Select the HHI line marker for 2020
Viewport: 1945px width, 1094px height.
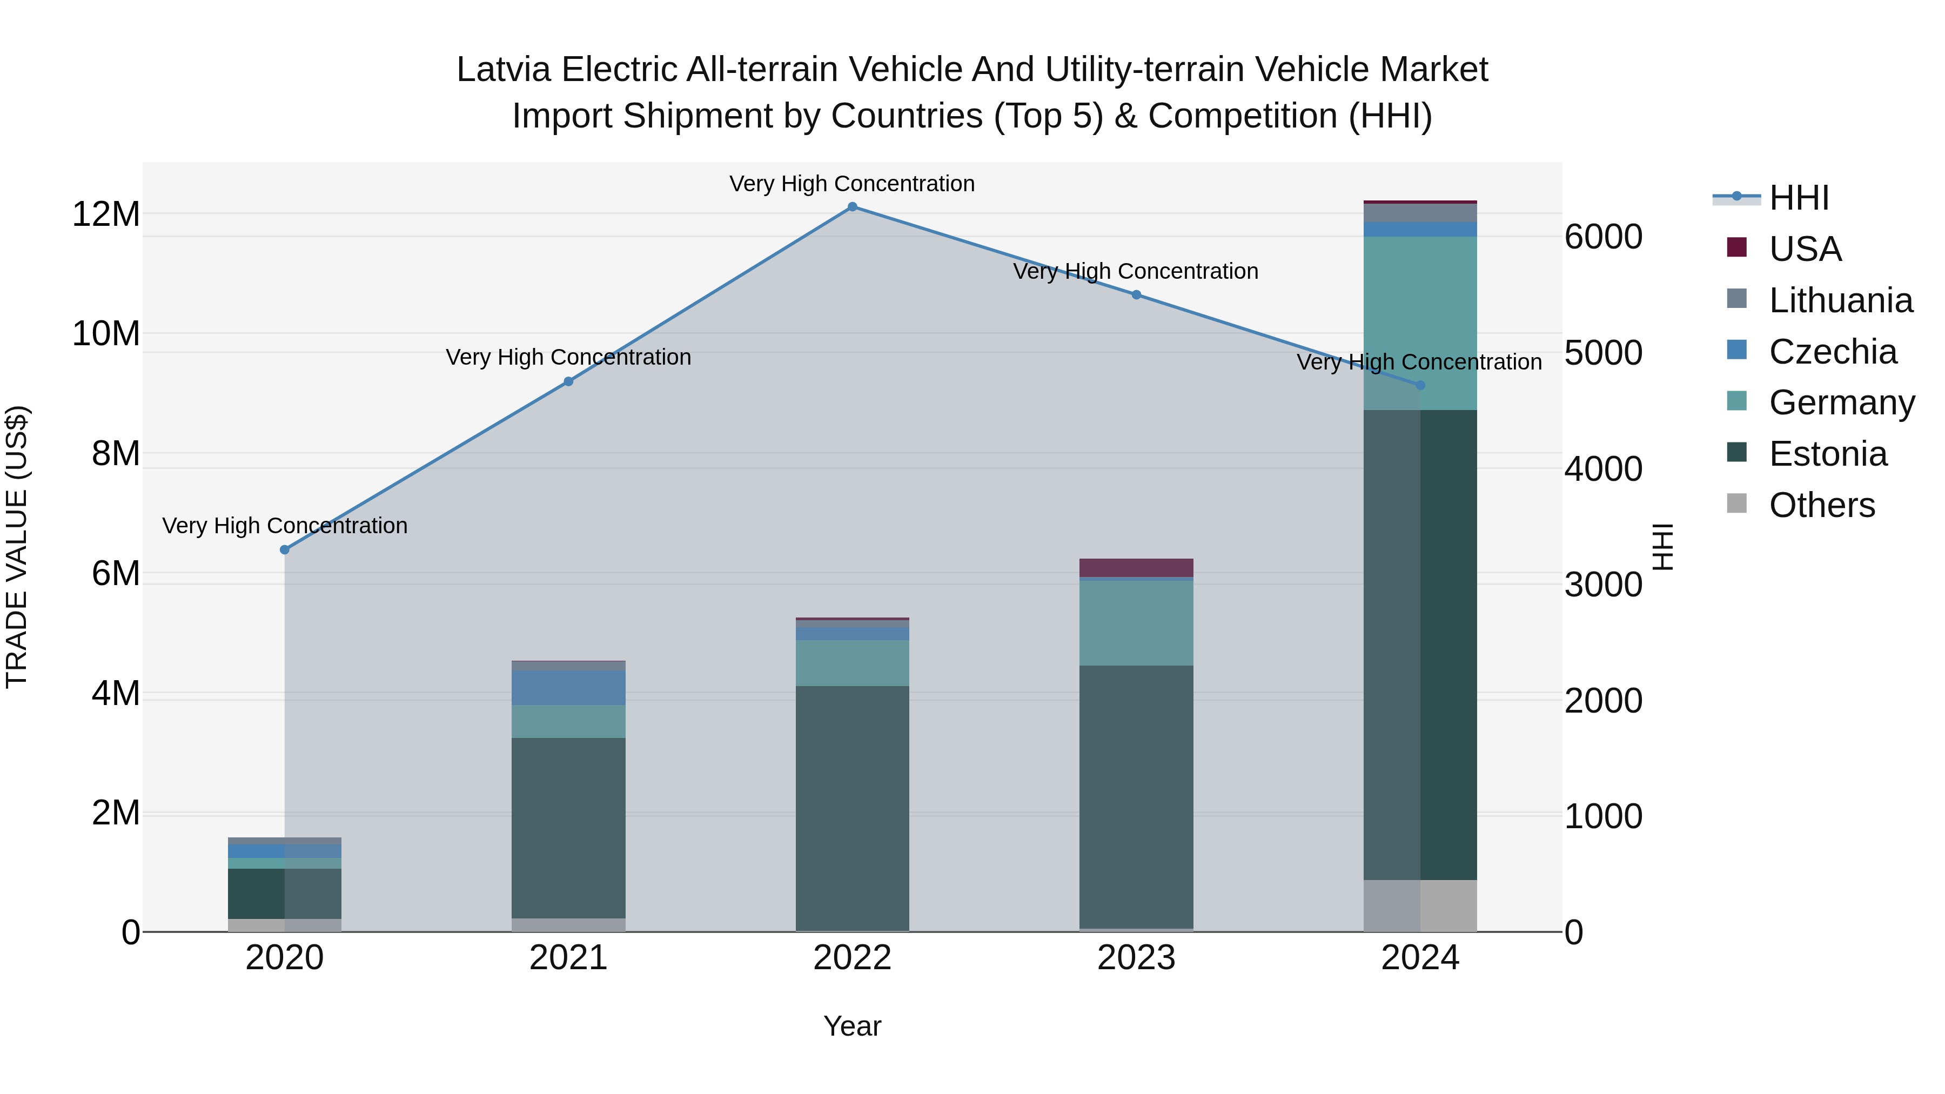285,549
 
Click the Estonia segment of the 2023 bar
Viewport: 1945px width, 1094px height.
1136,796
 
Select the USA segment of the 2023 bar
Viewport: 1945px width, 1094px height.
1136,568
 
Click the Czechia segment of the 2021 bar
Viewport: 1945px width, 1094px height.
568,687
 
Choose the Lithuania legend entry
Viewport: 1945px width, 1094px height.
1840,300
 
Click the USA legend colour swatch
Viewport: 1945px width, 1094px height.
1736,247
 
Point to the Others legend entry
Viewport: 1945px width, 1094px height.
1821,505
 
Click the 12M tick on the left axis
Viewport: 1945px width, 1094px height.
106,214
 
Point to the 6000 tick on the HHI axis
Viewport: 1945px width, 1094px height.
1603,237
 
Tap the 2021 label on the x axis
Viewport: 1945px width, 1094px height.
568,958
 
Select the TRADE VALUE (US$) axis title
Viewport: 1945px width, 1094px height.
17,547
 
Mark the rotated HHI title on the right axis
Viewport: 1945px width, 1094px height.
1662,547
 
